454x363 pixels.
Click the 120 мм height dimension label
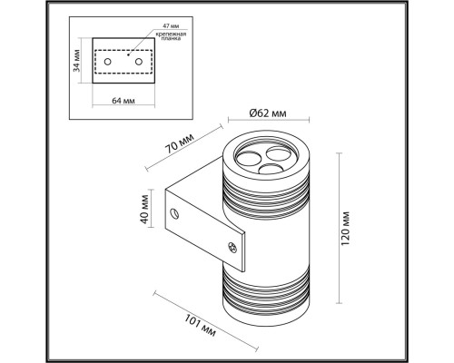pos(345,229)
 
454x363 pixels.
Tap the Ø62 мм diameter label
pos(268,113)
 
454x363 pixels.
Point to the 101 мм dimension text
pos(200,325)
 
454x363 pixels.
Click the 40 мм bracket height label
pos(145,210)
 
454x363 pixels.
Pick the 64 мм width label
pos(123,101)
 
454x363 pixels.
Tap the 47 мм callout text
pos(171,26)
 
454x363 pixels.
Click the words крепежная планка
pos(171,36)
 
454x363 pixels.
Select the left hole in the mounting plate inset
pos(107,62)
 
